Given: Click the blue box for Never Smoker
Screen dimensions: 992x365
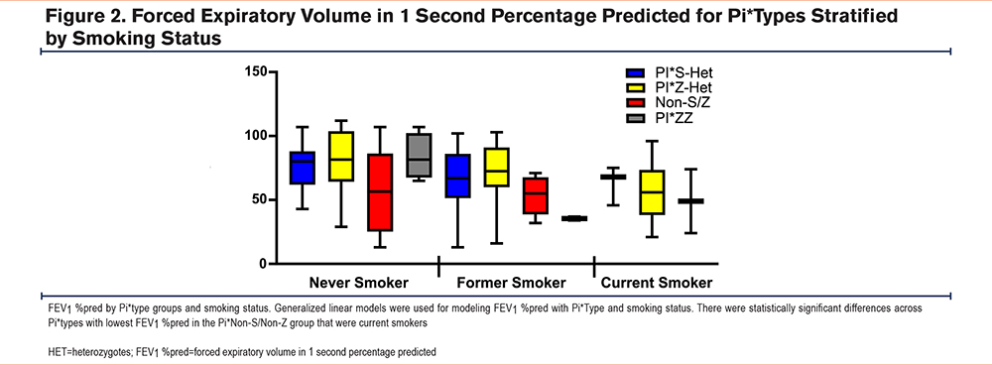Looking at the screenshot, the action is [x=302, y=168].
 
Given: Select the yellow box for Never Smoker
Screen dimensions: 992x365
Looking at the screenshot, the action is [x=341, y=157].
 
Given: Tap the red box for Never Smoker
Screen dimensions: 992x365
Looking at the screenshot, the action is [x=380, y=192].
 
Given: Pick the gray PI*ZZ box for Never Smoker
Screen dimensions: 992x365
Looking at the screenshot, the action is [x=419, y=155].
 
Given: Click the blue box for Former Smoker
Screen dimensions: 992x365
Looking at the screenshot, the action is [x=457, y=176].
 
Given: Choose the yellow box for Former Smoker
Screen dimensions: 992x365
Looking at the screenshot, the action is [x=497, y=167].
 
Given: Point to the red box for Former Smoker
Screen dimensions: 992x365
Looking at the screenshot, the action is [x=536, y=195].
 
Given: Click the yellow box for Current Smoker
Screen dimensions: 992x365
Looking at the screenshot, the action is [x=652, y=192].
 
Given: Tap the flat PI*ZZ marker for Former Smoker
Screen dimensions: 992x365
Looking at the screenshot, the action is [x=574, y=218].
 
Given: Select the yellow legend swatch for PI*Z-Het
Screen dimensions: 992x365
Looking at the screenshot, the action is [x=634, y=88].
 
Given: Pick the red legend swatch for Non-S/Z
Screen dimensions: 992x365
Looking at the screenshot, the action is [x=634, y=102].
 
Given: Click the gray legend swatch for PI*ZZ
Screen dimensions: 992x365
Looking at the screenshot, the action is [x=634, y=116].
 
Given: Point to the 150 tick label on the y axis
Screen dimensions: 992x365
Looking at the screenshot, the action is [x=256, y=72].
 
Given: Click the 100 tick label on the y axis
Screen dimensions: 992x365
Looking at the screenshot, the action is [x=256, y=136].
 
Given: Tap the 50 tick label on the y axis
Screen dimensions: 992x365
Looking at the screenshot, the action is [x=260, y=200].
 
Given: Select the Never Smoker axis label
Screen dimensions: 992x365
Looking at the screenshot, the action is [x=359, y=282].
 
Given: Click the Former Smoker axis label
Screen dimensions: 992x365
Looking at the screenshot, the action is [x=511, y=282].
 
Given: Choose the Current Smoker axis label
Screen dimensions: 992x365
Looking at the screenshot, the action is [x=657, y=282].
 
